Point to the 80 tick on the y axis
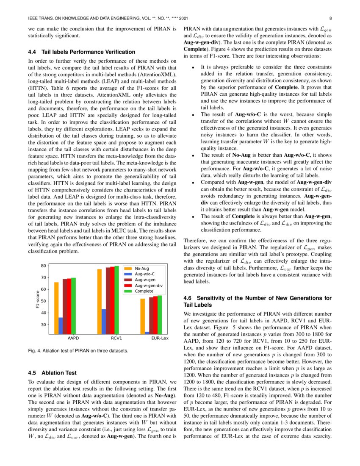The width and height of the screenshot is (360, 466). (x=43, y=266)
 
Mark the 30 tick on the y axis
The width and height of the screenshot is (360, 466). (x=43, y=325)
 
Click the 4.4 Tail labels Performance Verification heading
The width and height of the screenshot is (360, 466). (x=81, y=52)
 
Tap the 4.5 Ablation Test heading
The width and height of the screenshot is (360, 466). (x=53, y=373)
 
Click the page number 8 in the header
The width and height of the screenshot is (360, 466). (x=330, y=19)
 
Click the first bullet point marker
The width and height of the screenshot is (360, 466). (x=193, y=67)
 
